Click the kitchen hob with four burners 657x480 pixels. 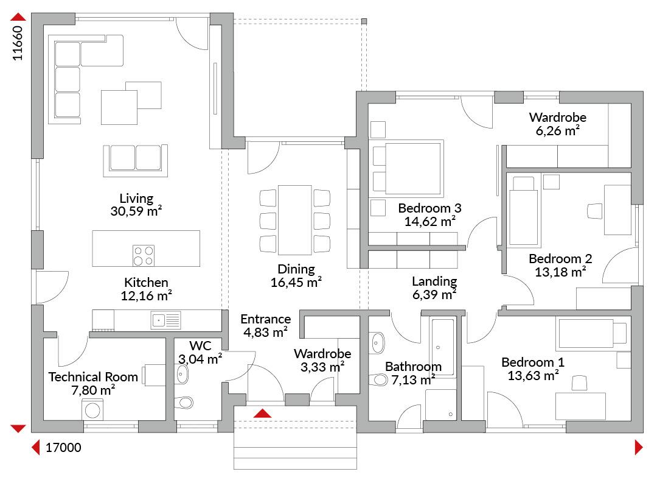pyautogui.click(x=144, y=255)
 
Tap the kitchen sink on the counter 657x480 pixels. pyautogui.click(x=166, y=320)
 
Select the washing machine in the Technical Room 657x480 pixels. pyautogui.click(x=92, y=410)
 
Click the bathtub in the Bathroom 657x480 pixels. pyautogui.click(x=442, y=348)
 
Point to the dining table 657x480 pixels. pyautogui.click(x=295, y=220)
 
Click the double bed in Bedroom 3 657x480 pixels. pyautogui.click(x=408, y=169)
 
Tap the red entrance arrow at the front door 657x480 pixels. pyautogui.click(x=263, y=413)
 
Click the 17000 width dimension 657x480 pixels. pyautogui.click(x=63, y=448)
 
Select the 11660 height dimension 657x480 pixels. pyautogui.click(x=17, y=44)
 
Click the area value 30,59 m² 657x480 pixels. pyautogui.click(x=136, y=211)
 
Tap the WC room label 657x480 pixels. pyautogui.click(x=200, y=346)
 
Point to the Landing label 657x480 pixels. pyautogui.click(x=434, y=281)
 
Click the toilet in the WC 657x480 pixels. pyautogui.click(x=184, y=403)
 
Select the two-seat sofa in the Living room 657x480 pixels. pyautogui.click(x=135, y=159)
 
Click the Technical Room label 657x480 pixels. pyautogui.click(x=93, y=377)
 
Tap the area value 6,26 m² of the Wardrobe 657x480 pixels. pyautogui.click(x=558, y=130)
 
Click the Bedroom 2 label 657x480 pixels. pyautogui.click(x=560, y=258)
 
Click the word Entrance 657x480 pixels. pyautogui.click(x=266, y=319)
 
